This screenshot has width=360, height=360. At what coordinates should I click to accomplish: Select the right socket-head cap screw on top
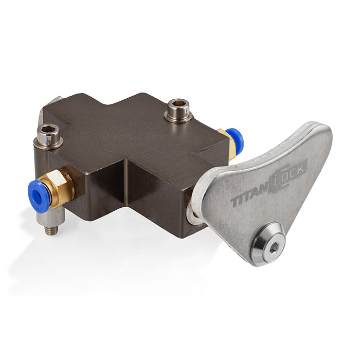(x=178, y=110)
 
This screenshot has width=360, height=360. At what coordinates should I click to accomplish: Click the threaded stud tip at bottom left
(x=50, y=231)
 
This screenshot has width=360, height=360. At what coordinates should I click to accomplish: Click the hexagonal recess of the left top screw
(x=48, y=129)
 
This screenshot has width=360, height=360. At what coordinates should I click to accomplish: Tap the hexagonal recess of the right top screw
(x=178, y=103)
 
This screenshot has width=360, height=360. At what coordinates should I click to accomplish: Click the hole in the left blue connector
(x=36, y=195)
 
